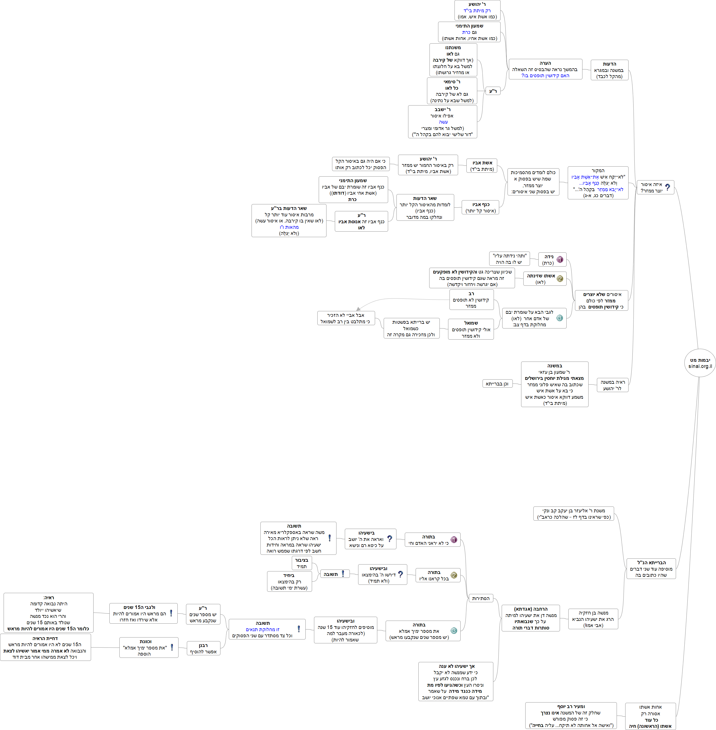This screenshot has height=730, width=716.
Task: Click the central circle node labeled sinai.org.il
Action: (x=699, y=363)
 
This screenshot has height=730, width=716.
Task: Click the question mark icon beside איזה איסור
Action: (x=667, y=187)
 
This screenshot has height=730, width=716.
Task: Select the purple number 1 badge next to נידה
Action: (x=560, y=260)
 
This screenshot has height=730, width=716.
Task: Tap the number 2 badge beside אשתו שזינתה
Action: (x=560, y=279)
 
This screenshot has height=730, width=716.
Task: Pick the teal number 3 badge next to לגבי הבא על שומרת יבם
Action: (x=560, y=318)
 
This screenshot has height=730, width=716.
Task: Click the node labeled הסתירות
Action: (x=481, y=598)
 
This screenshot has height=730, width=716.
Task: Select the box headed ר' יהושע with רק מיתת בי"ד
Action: (x=477, y=11)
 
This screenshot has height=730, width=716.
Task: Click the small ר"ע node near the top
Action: (x=493, y=91)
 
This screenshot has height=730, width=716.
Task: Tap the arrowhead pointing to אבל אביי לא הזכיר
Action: (x=358, y=309)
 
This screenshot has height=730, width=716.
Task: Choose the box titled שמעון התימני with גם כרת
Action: (x=469, y=32)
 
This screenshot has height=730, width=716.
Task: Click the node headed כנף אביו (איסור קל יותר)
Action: (x=481, y=208)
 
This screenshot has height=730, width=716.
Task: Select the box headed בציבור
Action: (x=302, y=563)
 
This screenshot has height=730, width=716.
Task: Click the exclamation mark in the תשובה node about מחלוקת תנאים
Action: (x=298, y=629)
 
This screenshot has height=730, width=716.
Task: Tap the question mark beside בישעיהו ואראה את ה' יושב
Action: (x=390, y=539)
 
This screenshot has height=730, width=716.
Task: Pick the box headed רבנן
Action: (x=204, y=648)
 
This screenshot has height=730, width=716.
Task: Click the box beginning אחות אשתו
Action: (x=650, y=716)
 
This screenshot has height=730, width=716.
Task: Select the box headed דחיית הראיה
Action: (x=45, y=648)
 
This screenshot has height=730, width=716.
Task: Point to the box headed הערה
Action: (x=545, y=69)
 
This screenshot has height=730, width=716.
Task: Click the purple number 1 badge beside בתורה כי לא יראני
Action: (x=454, y=540)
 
